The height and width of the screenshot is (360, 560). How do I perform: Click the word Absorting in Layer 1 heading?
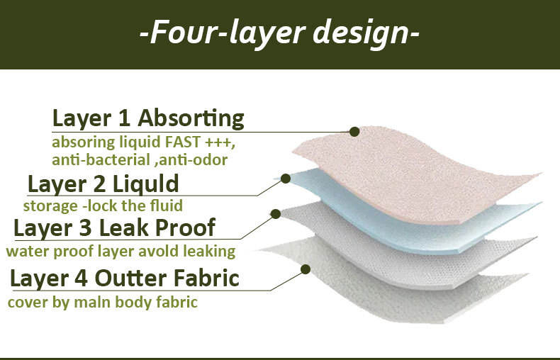pyautogui.click(x=191, y=119)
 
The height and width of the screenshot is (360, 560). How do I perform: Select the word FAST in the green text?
pyautogui.click(x=182, y=142)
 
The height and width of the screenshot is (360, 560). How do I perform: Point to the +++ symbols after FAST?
pyautogui.click(x=218, y=143)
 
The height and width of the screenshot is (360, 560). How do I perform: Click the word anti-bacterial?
pyautogui.click(x=101, y=159)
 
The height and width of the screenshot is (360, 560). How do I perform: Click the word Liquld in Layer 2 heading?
pyautogui.click(x=146, y=184)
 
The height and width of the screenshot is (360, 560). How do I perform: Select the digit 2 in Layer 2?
pyautogui.click(x=99, y=185)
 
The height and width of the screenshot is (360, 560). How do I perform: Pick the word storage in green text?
pyautogui.click(x=50, y=206)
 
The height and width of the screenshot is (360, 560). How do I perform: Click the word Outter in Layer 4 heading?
pyautogui.click(x=130, y=279)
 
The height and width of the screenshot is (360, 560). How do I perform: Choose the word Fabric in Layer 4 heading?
pyautogui.click(x=207, y=278)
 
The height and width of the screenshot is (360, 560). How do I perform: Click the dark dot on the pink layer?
pyautogui.click(x=354, y=132)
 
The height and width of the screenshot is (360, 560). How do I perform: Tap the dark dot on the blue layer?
pyautogui.click(x=286, y=179)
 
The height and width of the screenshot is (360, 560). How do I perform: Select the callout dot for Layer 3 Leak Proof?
pyautogui.click(x=275, y=214)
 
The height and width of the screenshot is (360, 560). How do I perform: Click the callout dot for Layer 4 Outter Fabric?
pyautogui.click(x=306, y=269)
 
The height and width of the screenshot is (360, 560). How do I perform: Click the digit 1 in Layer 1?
pyautogui.click(x=124, y=118)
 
